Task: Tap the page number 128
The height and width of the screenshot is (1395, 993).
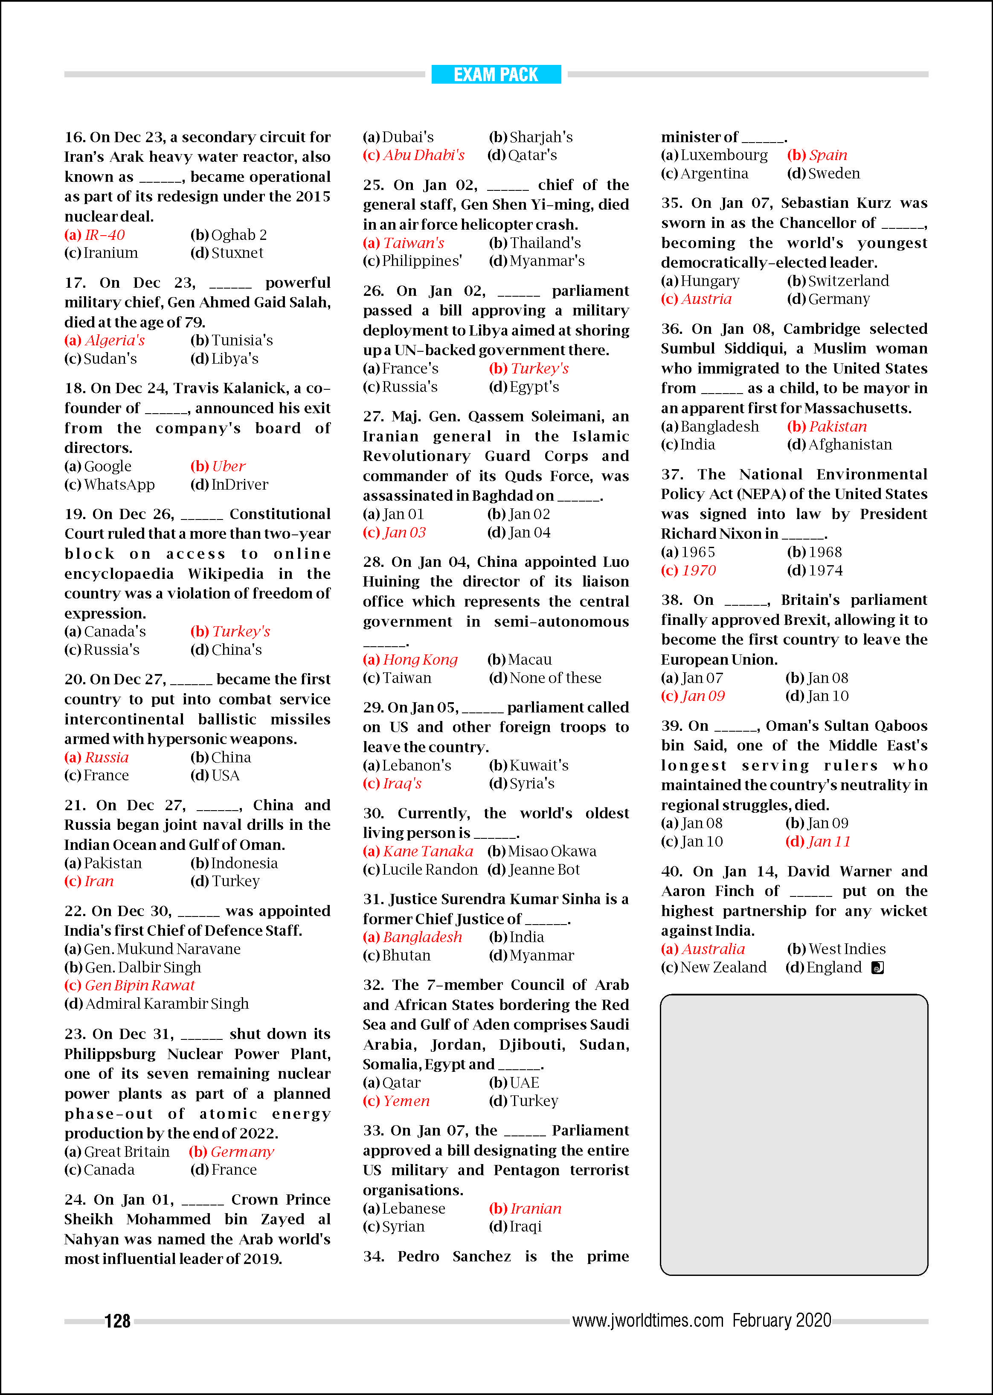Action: click(x=117, y=1321)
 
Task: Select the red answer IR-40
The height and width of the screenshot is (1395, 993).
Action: click(x=105, y=235)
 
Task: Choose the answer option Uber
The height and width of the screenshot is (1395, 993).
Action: click(x=228, y=466)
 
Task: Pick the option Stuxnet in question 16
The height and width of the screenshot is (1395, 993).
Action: click(x=237, y=253)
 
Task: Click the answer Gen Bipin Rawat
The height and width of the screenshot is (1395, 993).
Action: click(x=139, y=985)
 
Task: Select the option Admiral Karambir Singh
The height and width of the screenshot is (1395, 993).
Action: click(x=167, y=1004)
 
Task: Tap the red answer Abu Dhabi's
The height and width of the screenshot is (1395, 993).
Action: click(x=424, y=155)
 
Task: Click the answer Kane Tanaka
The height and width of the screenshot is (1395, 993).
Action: click(x=428, y=851)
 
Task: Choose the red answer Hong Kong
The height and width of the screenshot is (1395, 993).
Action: click(x=420, y=660)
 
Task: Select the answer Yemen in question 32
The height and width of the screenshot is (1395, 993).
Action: click(x=406, y=1101)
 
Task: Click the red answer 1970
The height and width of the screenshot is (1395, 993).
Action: click(x=698, y=570)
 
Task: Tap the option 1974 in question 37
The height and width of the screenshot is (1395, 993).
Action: click(x=825, y=570)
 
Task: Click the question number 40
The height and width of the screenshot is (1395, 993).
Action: click(x=671, y=871)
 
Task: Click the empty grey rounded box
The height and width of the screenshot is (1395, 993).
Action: click(x=794, y=1135)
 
